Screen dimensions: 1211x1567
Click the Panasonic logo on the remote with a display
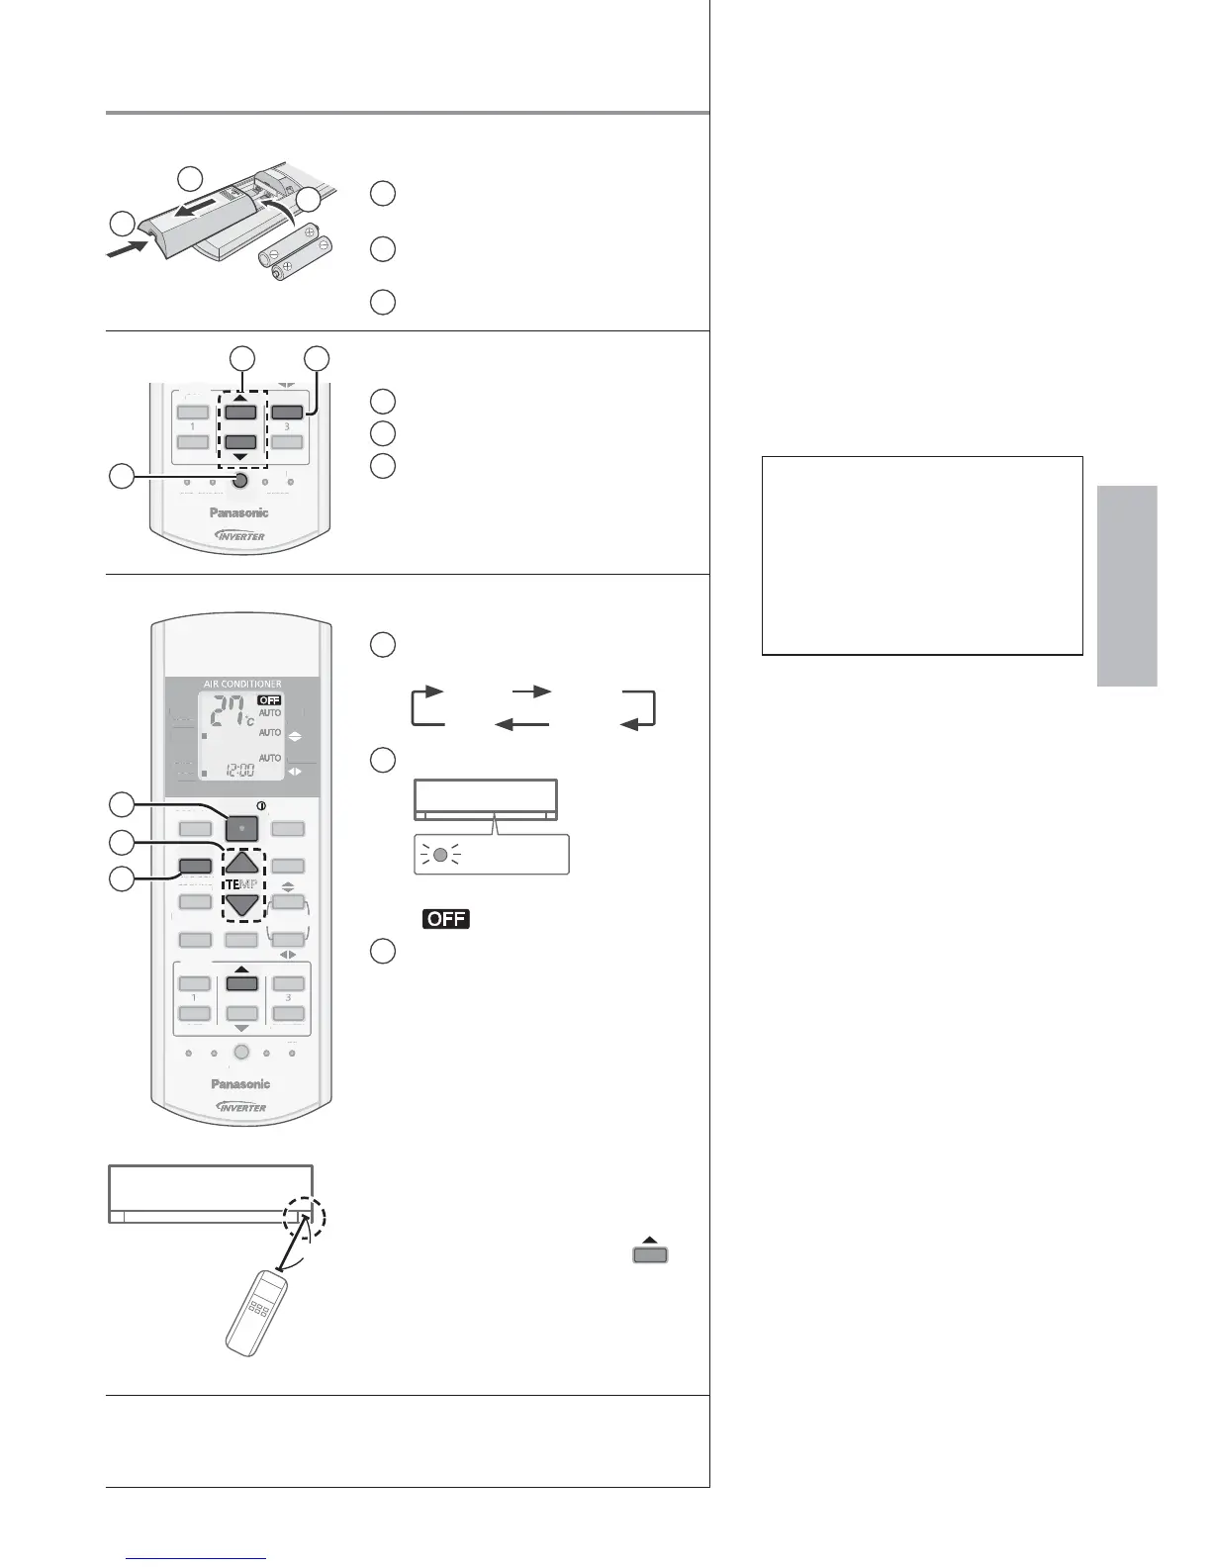240,1084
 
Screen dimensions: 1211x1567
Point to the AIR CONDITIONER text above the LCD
242,684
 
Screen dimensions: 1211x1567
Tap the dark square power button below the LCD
241,828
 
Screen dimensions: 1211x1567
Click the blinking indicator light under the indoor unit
441,855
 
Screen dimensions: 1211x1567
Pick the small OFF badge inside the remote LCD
269,699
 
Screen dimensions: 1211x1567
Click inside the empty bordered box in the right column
922,555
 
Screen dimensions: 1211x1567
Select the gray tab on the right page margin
1126,586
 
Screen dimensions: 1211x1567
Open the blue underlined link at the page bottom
198,1559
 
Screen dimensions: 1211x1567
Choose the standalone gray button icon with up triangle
651,1252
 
